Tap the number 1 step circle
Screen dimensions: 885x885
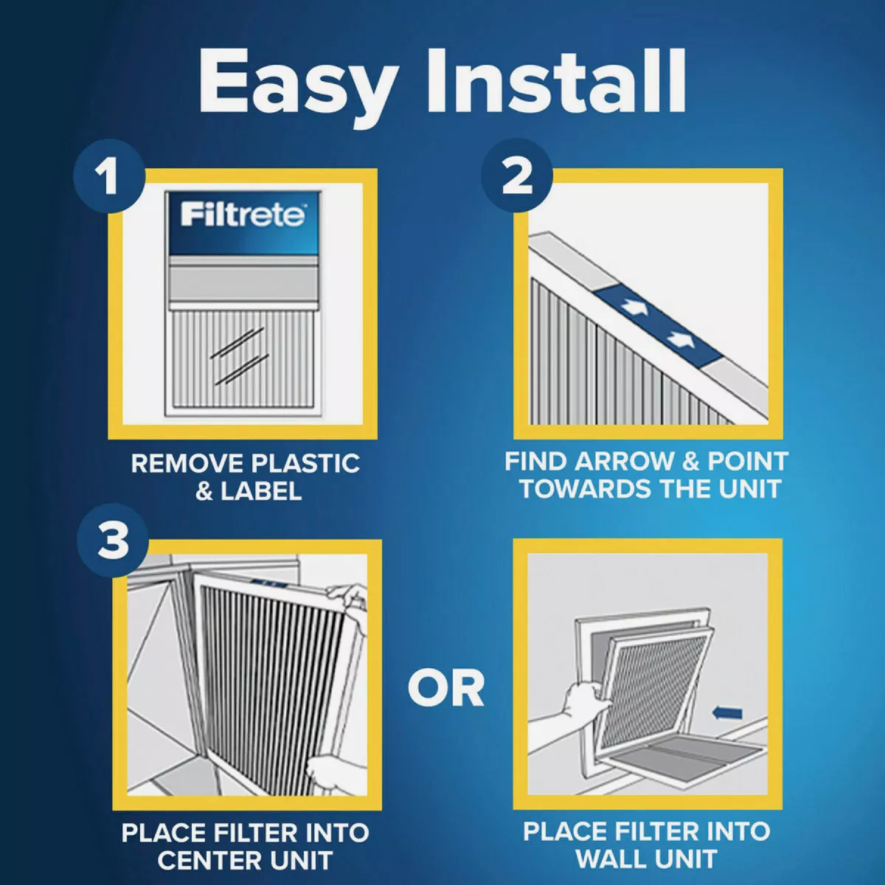(x=109, y=178)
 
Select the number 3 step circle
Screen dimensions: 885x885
(x=113, y=541)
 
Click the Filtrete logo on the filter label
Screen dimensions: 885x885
(x=243, y=215)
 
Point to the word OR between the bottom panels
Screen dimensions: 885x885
(x=445, y=687)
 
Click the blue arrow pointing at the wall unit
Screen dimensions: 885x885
(x=728, y=712)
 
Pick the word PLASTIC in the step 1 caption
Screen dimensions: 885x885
(x=305, y=464)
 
